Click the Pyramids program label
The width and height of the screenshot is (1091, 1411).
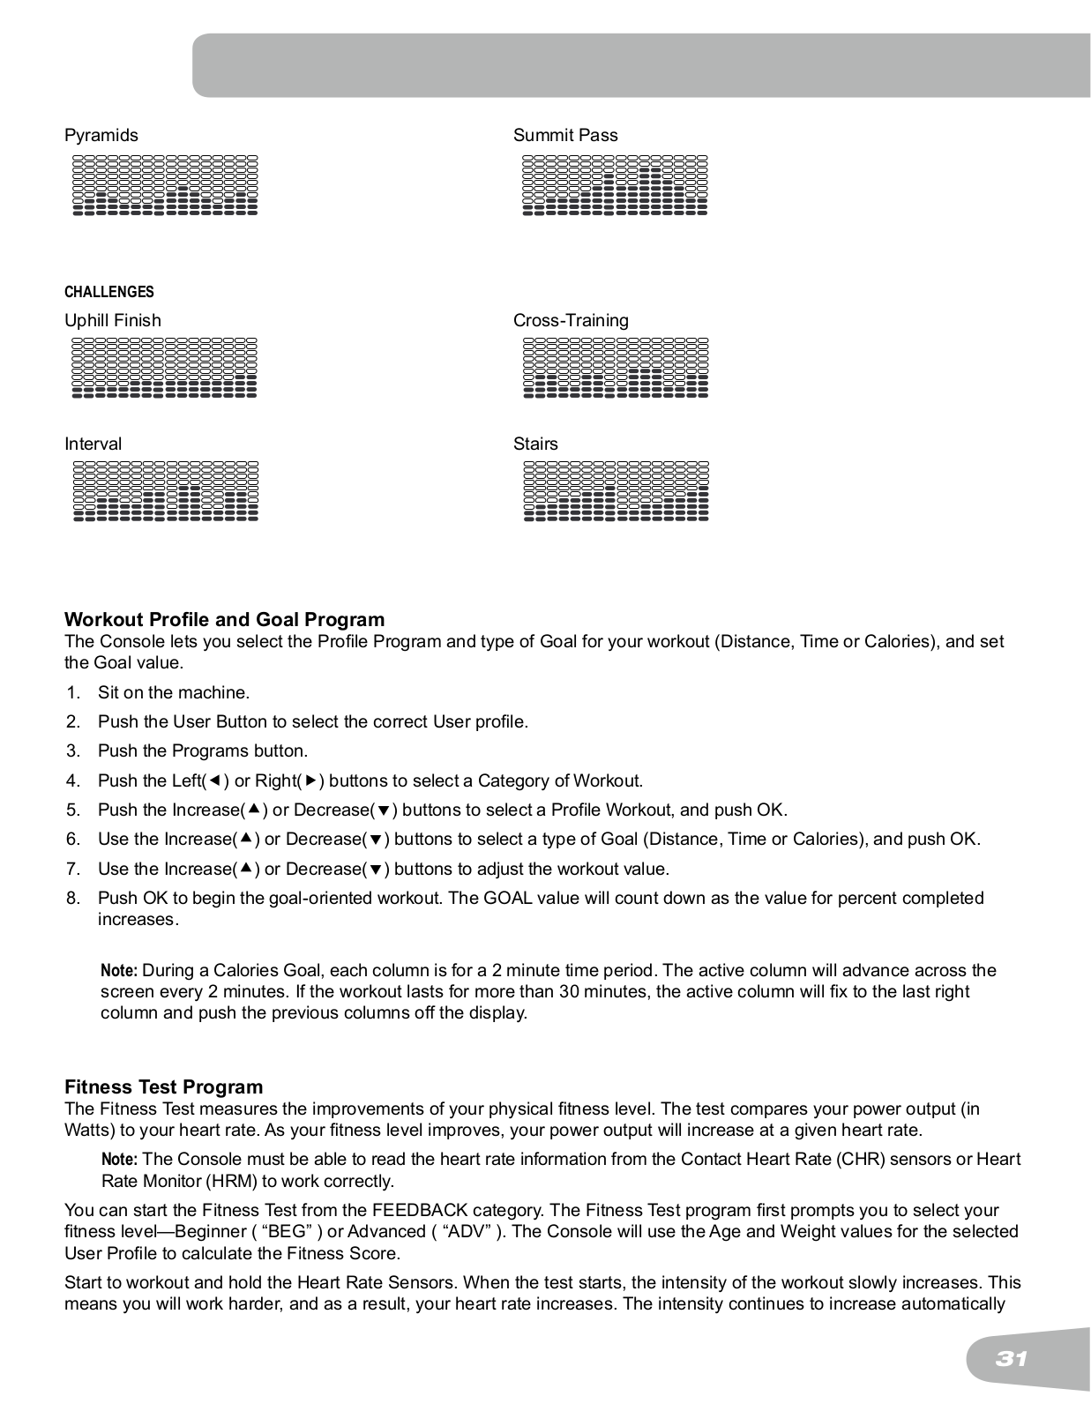(101, 135)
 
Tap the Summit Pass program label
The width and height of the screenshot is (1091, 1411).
(565, 135)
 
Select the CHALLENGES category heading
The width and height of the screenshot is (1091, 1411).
(109, 292)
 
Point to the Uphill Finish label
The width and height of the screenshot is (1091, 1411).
(113, 320)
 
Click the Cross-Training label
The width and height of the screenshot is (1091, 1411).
(571, 320)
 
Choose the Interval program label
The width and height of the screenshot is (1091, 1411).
(93, 444)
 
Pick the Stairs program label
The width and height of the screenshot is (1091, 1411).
(535, 444)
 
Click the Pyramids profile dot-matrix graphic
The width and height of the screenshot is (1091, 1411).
(165, 185)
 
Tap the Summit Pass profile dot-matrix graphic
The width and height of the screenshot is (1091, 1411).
(615, 185)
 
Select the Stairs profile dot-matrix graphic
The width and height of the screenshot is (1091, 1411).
(616, 491)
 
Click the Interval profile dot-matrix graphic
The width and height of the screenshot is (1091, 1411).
(165, 491)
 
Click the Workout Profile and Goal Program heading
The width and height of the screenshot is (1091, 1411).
(225, 619)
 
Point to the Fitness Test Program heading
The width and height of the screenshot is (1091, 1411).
(164, 1086)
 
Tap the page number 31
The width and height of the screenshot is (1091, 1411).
(1013, 1359)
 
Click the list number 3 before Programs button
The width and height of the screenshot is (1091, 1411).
(73, 751)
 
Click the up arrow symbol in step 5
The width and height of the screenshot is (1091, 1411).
(254, 809)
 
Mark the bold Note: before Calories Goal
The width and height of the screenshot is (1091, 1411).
(119, 971)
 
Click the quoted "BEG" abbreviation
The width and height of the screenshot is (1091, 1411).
(290, 1231)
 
